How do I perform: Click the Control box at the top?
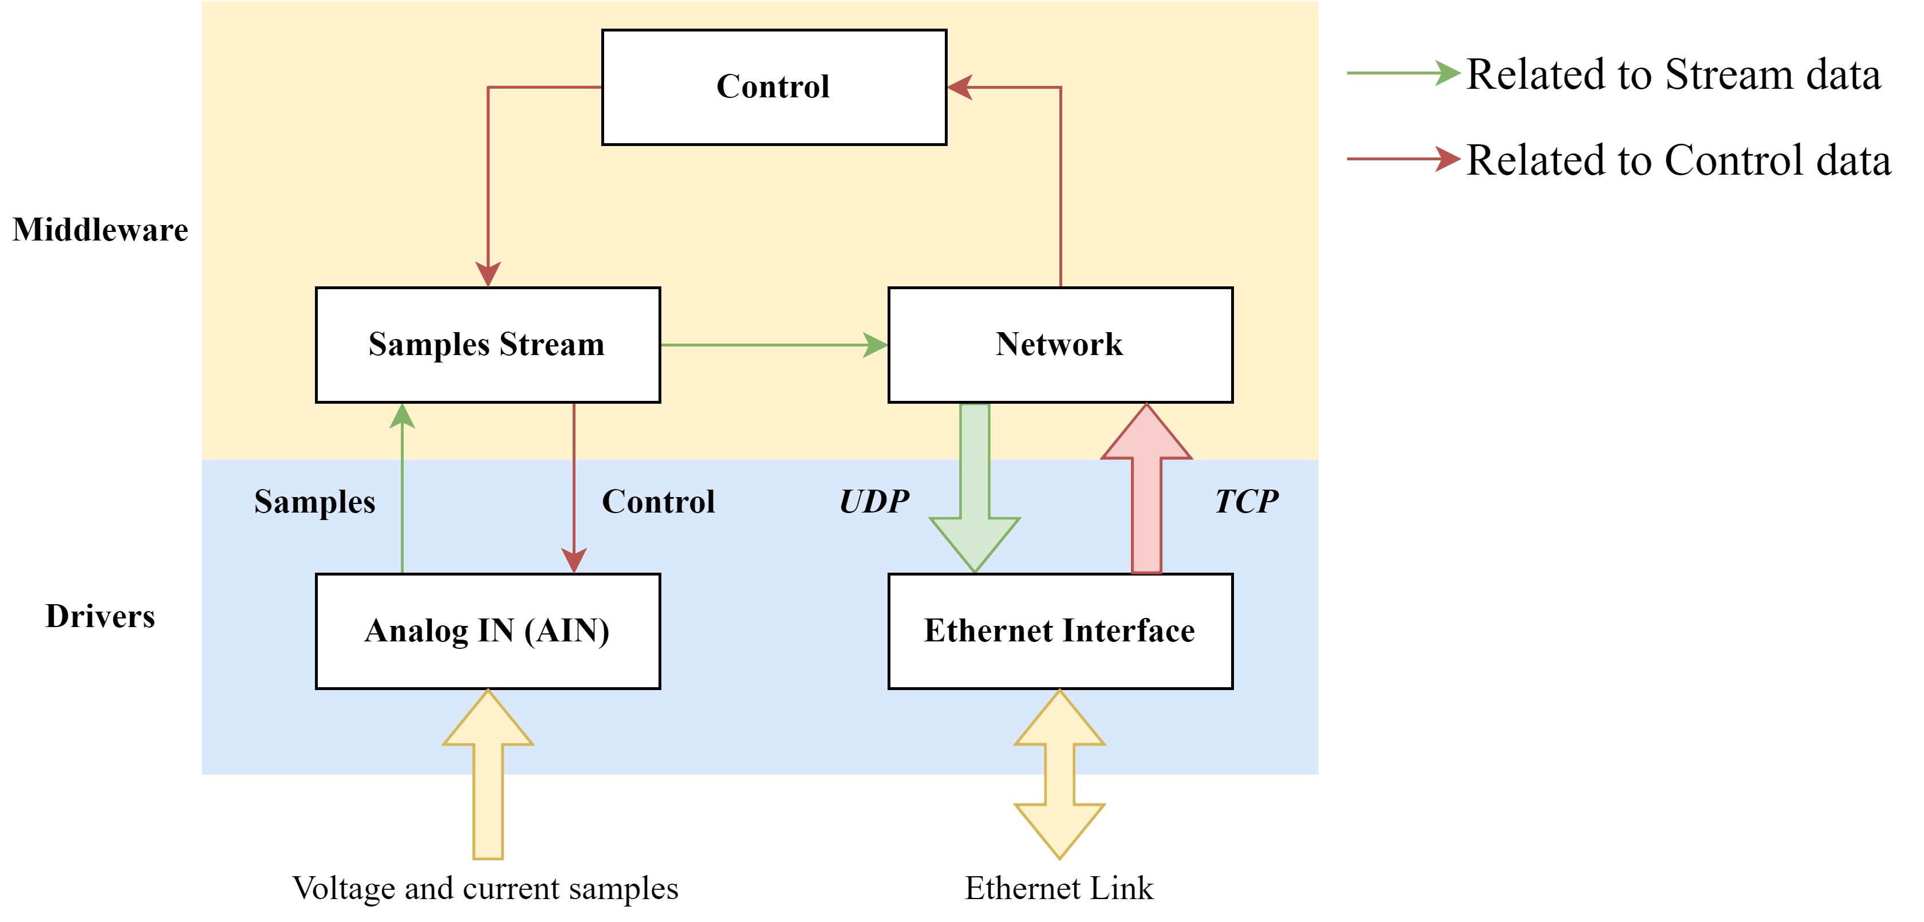[774, 88]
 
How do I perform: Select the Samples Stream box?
[488, 344]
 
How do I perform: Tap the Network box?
[1060, 344]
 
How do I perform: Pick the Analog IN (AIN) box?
[488, 631]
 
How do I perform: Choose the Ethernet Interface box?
[1060, 631]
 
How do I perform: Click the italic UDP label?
[874, 501]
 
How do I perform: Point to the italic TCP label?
[1246, 501]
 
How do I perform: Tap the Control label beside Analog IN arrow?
[658, 501]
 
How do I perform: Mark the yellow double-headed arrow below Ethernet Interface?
[1060, 775]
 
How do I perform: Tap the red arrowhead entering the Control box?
[960, 88]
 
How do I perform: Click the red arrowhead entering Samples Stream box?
[488, 274]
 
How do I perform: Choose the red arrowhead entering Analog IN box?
[574, 561]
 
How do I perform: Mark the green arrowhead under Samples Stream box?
[403, 416]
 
